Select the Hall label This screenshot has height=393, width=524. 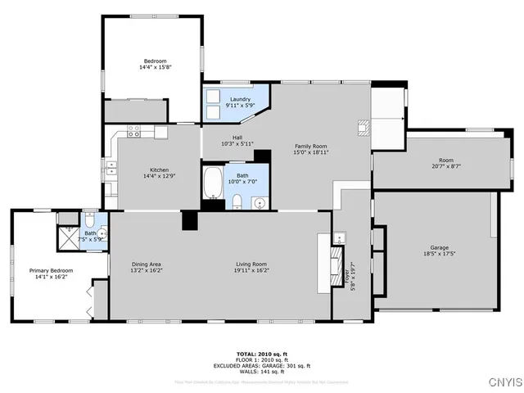click(237, 140)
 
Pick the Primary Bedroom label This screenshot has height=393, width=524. click(52, 273)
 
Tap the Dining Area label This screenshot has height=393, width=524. click(147, 267)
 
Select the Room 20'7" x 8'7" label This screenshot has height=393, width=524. click(445, 163)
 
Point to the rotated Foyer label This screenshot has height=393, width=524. click(353, 273)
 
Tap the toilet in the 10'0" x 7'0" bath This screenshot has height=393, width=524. click(236, 201)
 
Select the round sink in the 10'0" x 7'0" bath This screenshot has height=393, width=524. click(260, 202)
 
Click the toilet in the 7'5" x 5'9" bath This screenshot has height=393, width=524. click(89, 222)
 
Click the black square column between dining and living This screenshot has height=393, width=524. click(190, 219)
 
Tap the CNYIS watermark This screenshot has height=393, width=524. click(504, 382)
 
